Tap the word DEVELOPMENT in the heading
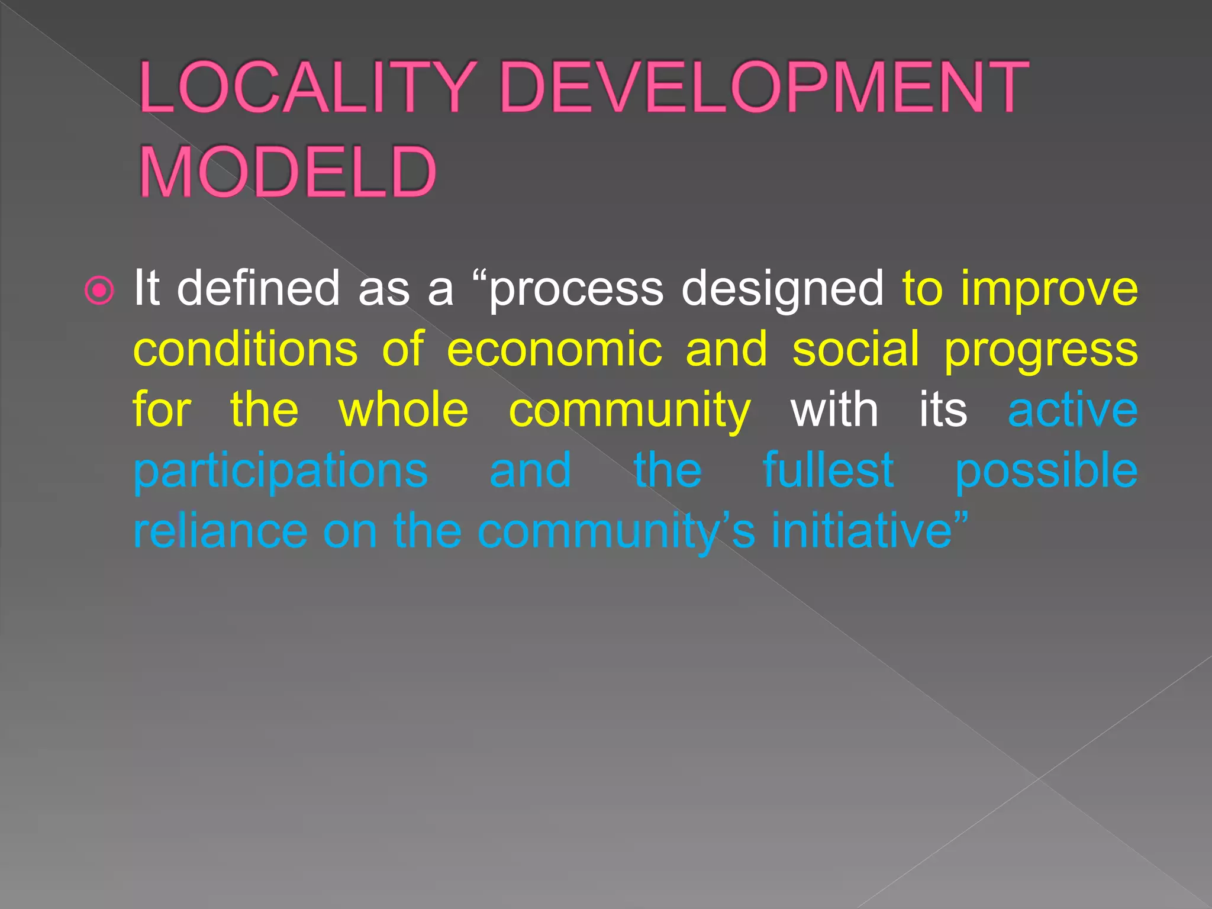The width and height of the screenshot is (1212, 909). click(x=764, y=88)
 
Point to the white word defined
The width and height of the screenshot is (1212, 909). click(x=258, y=288)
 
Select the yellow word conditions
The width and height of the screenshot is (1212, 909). click(x=246, y=349)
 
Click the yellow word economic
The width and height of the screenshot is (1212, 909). click(x=555, y=350)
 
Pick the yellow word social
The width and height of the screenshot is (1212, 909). click(x=856, y=349)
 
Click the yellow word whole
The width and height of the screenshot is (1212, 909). click(x=404, y=410)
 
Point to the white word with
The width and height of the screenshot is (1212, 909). click(x=834, y=410)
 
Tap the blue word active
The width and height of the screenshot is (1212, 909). click(x=1072, y=410)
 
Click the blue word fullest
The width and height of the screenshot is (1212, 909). click(x=829, y=470)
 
